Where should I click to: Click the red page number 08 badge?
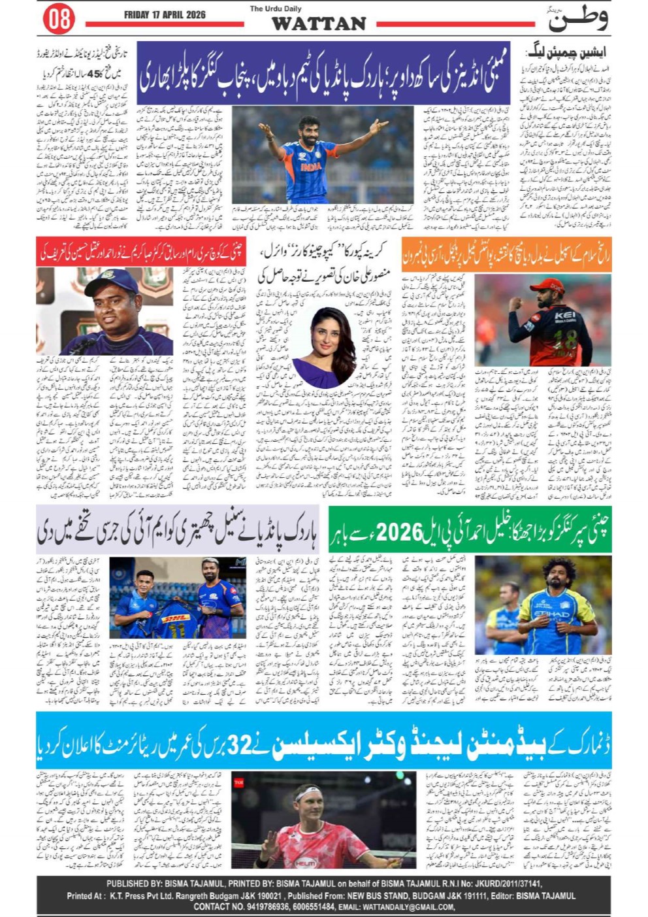click(x=59, y=18)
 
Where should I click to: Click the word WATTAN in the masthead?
click(x=318, y=24)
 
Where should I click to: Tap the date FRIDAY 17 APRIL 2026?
click(x=165, y=14)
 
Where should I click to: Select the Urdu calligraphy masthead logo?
click(x=577, y=19)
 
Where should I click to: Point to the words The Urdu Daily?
click(x=275, y=8)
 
